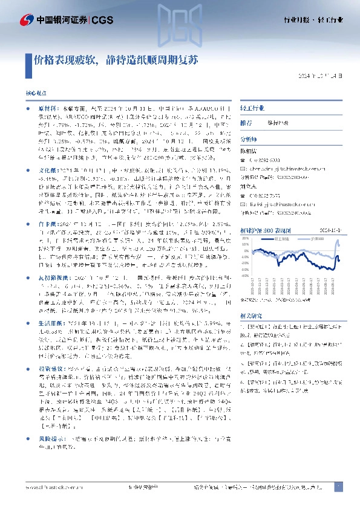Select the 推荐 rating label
pos(247,122)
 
